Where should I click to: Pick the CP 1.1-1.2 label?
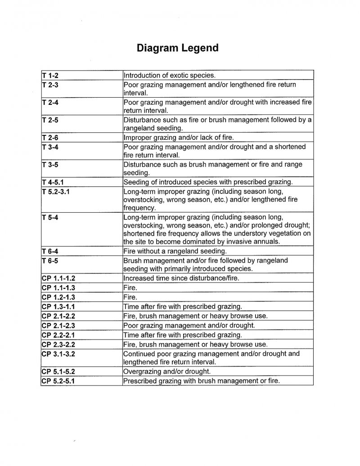pyautogui.click(x=58, y=278)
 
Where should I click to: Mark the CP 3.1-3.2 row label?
pyautogui.click(x=58, y=354)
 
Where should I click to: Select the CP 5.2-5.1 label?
pyautogui.click(x=58, y=381)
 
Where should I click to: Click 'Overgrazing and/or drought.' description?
pyautogui.click(x=167, y=372)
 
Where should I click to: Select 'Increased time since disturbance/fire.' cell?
pyautogui.click(x=181, y=278)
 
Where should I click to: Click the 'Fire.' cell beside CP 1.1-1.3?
pyautogui.click(x=130, y=288)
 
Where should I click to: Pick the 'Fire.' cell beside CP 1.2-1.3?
pyautogui.click(x=130, y=297)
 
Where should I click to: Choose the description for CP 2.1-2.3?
pyautogui.click(x=189, y=326)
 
